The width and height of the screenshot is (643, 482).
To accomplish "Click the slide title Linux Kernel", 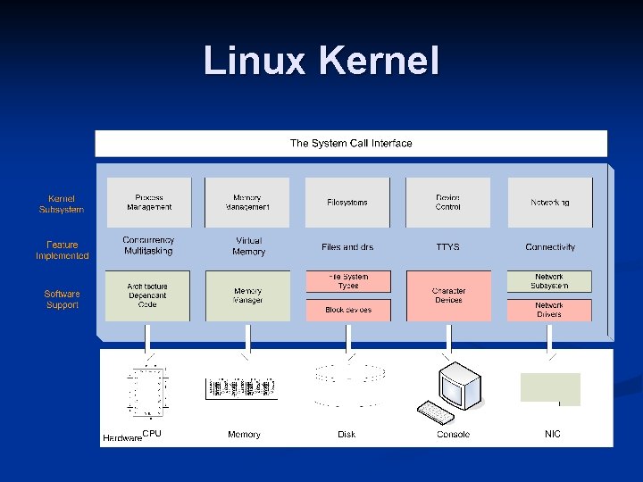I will [x=321, y=62].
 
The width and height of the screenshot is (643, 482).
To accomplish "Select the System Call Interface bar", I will [x=351, y=143].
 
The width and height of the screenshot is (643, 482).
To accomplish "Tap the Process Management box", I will [x=149, y=203].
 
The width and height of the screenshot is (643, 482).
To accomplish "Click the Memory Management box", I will [x=247, y=203].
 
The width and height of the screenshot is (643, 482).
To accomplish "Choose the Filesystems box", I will [x=347, y=203].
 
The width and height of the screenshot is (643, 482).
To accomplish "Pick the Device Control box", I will [x=448, y=203].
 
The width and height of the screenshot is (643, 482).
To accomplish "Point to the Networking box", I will [x=549, y=203].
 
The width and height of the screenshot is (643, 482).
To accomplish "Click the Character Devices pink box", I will [x=448, y=295].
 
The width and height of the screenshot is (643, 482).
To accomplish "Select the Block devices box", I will [x=347, y=310].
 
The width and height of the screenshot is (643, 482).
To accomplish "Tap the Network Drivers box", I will [x=549, y=310].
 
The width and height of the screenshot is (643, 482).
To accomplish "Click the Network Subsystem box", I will [x=549, y=281].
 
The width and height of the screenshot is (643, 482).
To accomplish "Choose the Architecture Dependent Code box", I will [x=147, y=295].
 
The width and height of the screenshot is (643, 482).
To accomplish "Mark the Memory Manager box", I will [x=247, y=295].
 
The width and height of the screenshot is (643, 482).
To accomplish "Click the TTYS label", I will [x=448, y=247].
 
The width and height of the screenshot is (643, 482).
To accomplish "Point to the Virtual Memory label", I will [x=248, y=247].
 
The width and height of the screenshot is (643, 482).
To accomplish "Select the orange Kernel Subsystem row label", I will [x=62, y=204].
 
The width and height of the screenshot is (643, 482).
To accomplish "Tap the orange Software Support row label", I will [x=62, y=299].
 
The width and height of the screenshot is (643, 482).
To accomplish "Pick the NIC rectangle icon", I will [x=550, y=389].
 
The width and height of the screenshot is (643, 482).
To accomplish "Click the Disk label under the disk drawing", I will [x=347, y=435].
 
